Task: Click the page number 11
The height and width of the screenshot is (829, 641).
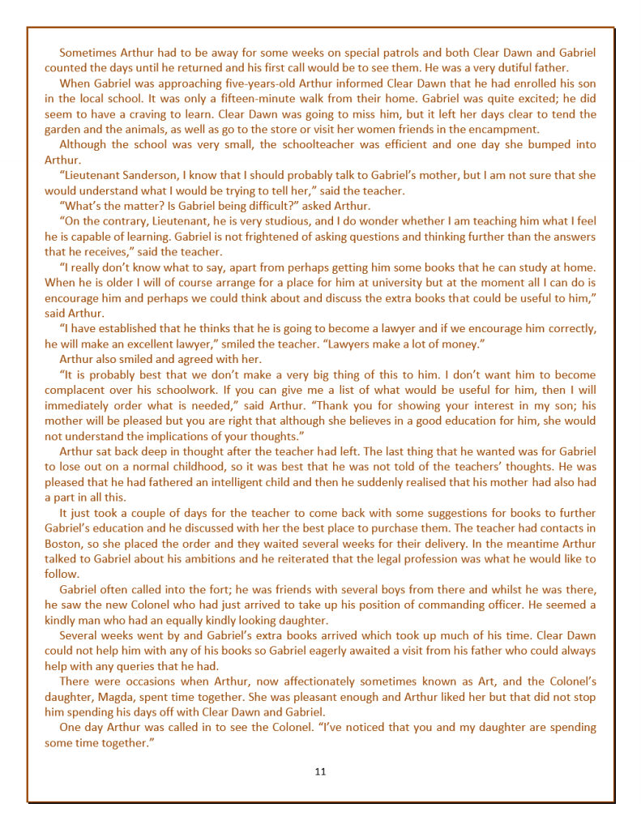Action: coord(320,771)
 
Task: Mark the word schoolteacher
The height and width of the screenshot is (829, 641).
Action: coord(312,145)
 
